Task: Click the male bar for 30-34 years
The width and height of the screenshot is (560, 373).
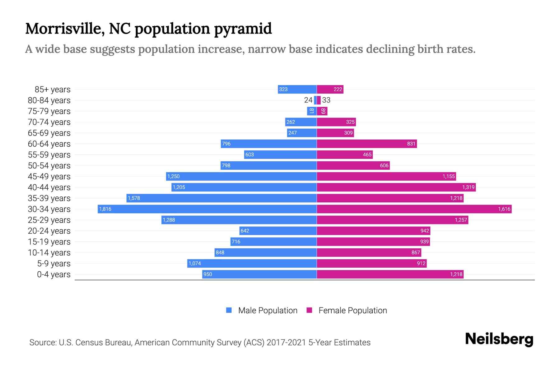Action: click(x=207, y=209)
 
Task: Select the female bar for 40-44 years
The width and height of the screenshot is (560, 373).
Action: click(x=396, y=187)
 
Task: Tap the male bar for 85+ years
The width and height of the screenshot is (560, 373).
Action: click(x=297, y=89)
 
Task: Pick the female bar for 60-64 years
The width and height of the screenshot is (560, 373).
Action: click(x=366, y=144)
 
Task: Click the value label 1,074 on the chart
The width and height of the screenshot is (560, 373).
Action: click(x=195, y=264)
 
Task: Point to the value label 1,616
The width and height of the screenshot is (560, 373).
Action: click(x=504, y=209)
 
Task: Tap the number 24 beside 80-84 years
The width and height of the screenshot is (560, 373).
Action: click(x=308, y=100)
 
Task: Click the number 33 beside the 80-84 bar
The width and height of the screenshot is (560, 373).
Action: click(x=326, y=100)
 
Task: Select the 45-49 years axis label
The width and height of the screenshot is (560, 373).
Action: click(x=49, y=177)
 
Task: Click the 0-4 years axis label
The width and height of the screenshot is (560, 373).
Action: click(x=54, y=274)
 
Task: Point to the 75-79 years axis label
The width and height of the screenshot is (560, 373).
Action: click(x=49, y=111)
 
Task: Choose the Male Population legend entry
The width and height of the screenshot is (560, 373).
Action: click(x=268, y=311)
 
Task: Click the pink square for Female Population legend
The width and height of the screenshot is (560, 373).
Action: click(x=309, y=310)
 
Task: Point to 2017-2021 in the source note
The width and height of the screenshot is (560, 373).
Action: click(x=286, y=343)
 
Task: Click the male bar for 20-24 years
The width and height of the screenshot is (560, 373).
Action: click(x=278, y=231)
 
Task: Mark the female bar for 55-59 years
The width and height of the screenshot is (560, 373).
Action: click(x=344, y=154)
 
